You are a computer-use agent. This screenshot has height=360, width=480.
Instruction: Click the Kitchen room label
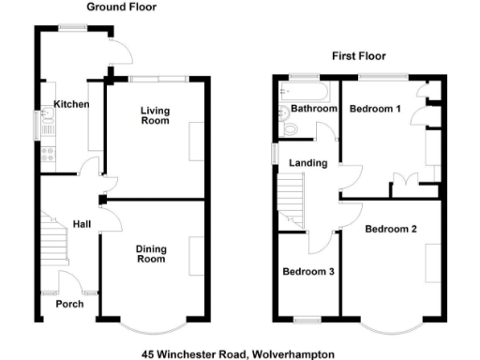(71, 104)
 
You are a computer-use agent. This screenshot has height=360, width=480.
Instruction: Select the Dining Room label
(150, 253)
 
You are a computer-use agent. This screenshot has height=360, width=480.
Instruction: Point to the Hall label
(82, 224)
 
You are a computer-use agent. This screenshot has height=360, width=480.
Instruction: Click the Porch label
(69, 304)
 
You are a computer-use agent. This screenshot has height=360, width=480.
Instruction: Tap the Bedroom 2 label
(391, 229)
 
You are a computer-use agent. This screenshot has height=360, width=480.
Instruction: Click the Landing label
(308, 163)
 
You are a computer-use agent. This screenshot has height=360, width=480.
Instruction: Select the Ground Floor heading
(122, 7)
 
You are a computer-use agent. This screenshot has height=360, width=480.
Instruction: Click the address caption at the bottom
(240, 353)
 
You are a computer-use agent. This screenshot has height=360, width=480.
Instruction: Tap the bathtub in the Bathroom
(305, 91)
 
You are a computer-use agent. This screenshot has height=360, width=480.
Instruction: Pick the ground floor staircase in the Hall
(55, 240)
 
